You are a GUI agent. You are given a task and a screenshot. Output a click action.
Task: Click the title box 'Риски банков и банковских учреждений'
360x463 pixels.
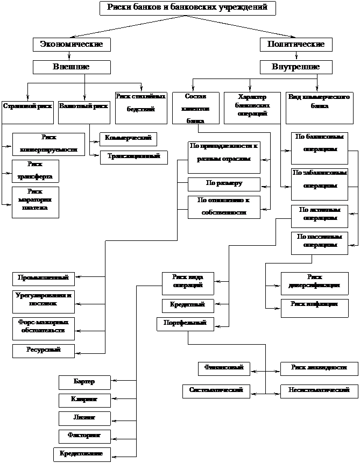click(187, 8)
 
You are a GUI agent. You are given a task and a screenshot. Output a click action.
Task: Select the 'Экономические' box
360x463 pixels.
click(72, 44)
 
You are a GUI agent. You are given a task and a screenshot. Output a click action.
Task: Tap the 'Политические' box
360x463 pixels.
click(295, 44)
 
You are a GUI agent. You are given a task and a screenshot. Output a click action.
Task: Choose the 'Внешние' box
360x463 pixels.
click(72, 67)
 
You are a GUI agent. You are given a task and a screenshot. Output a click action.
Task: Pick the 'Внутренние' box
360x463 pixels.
click(295, 67)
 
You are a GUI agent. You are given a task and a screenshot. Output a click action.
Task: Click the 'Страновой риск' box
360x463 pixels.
click(27, 106)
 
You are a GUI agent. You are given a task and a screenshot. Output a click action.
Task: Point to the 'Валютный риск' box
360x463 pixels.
click(83, 106)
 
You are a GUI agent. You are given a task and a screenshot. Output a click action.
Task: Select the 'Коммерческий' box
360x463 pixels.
click(128, 139)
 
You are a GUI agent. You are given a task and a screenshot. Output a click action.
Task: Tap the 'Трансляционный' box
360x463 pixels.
click(133, 157)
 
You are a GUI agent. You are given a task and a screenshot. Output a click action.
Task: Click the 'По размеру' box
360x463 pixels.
click(224, 184)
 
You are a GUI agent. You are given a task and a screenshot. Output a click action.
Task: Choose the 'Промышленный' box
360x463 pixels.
click(43, 278)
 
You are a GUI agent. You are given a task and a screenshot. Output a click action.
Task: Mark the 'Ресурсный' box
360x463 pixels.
click(43, 351)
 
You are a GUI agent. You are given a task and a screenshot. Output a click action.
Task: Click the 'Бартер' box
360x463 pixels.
click(84, 382)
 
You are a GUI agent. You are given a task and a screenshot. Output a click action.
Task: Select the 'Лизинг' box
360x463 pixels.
click(84, 418)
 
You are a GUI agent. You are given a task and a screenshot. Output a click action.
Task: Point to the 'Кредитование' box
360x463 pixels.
click(82, 454)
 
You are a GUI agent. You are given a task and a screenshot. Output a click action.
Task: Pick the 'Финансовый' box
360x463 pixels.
click(224, 368)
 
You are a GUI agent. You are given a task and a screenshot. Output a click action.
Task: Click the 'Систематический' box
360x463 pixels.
click(216, 390)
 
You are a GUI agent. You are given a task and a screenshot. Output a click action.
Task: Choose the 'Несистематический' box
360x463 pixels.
click(319, 390)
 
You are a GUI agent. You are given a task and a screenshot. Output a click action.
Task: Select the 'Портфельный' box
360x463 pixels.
click(185, 324)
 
